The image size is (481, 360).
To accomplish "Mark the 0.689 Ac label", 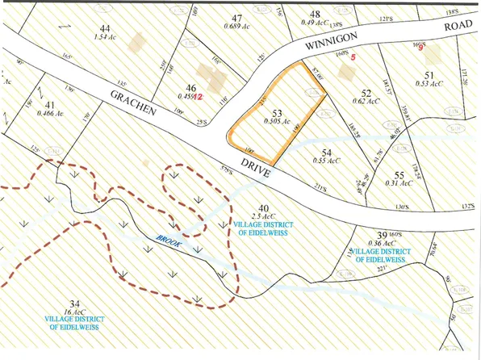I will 236,27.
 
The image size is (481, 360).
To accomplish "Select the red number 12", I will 199,96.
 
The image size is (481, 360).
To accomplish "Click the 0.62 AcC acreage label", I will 366,101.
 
